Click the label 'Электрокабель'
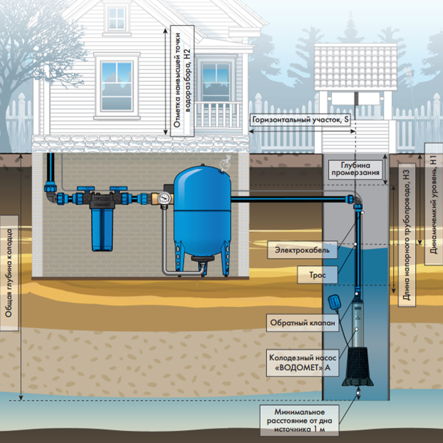click(302, 250)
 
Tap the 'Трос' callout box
click(317, 275)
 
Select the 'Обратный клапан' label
click(303, 323)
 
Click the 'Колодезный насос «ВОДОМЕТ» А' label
click(303, 362)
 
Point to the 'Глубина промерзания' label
click(355, 169)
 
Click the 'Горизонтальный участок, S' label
click(300, 120)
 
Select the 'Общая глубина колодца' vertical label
click(9, 273)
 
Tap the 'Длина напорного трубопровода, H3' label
click(407, 235)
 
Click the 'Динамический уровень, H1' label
click(434, 204)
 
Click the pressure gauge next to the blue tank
click(164, 198)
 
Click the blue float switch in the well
click(334, 303)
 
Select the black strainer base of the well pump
click(358, 366)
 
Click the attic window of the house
click(117, 19)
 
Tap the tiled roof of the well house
click(355, 67)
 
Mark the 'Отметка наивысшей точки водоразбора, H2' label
click(182, 81)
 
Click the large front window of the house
click(117, 86)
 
